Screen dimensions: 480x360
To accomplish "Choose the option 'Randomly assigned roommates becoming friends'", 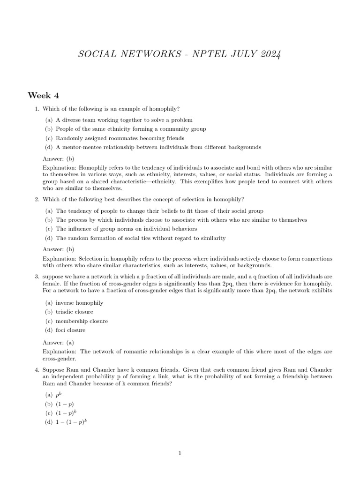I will tap(120, 138).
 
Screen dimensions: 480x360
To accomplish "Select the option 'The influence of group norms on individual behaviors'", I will tap(126, 229).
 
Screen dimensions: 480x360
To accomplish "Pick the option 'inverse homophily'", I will tap(79, 303).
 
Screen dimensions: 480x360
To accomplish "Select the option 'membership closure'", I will tap(82, 321).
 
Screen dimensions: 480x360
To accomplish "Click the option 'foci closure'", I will tap(70, 330).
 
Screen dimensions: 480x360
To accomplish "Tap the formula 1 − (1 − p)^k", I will tap(72, 422).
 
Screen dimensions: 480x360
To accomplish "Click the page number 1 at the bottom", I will tap(180, 453).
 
